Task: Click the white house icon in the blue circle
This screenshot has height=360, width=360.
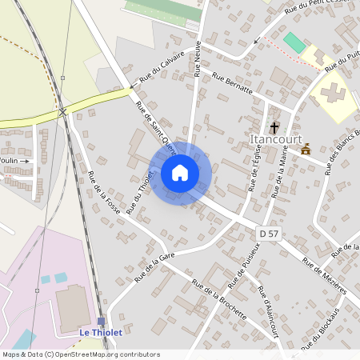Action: coord(180,173)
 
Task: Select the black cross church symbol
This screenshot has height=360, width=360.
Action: coord(274,126)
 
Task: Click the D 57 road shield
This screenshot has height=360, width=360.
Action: coord(269,233)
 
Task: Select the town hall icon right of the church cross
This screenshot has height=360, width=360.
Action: coord(306,149)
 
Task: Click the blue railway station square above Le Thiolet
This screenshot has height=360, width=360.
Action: coord(101,321)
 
